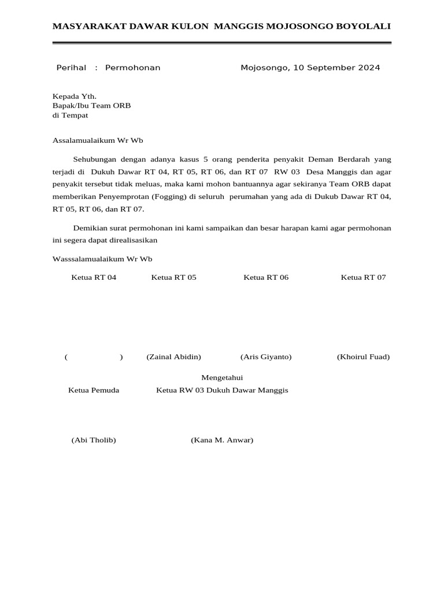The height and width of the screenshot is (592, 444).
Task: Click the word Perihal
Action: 71,68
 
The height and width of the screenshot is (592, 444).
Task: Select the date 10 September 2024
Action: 336,68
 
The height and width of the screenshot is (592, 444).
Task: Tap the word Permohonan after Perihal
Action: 132,68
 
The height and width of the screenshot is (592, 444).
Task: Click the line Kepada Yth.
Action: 75,96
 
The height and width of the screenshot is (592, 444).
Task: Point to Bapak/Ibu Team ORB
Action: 92,106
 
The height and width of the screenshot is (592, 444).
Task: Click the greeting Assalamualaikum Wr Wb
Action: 98,140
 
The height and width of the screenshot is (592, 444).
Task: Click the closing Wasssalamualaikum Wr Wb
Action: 102,259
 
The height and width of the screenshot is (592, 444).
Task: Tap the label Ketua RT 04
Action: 94,277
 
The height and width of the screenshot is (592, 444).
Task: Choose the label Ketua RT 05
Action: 173,277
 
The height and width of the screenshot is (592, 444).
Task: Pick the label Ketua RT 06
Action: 266,277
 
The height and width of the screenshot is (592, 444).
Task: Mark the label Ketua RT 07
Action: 363,277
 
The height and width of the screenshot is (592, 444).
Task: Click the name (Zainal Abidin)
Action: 173,357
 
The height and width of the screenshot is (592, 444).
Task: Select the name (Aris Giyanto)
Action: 266,357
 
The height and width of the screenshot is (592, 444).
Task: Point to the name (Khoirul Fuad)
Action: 363,357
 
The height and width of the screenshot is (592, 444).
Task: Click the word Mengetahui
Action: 222,378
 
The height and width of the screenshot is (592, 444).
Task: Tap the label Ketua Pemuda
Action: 94,390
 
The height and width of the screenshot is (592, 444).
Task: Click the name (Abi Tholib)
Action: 94,440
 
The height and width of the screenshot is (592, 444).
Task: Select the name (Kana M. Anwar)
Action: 222,440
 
